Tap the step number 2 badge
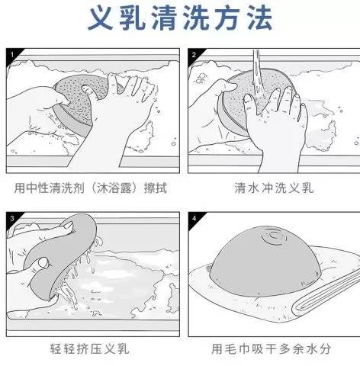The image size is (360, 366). click(194, 55)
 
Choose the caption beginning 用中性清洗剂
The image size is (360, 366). click(91, 187)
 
